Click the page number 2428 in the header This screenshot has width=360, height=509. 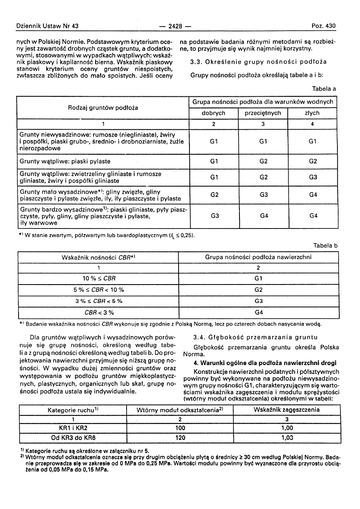tap(175, 27)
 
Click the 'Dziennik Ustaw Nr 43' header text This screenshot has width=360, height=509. tap(48, 26)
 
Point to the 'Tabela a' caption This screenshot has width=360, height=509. tap(324, 89)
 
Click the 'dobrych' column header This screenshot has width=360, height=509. tap(214, 113)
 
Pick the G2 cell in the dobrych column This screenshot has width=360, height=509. tap(214, 195)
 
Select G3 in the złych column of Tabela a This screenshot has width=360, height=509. tap(313, 177)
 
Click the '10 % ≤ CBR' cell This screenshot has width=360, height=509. tap(98, 278)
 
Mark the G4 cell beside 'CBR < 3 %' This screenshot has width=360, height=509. tap(258, 312)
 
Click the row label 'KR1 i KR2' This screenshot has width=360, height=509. tap(73, 428)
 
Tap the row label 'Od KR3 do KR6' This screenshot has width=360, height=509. tap(73, 437)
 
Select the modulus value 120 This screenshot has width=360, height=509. tap(180, 437)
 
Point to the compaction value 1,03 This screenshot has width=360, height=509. tap(287, 437)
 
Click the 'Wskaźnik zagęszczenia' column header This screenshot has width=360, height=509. tap(287, 410)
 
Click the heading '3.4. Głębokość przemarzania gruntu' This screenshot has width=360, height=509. tap(256, 337)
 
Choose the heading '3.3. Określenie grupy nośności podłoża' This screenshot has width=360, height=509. tap(258, 62)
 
